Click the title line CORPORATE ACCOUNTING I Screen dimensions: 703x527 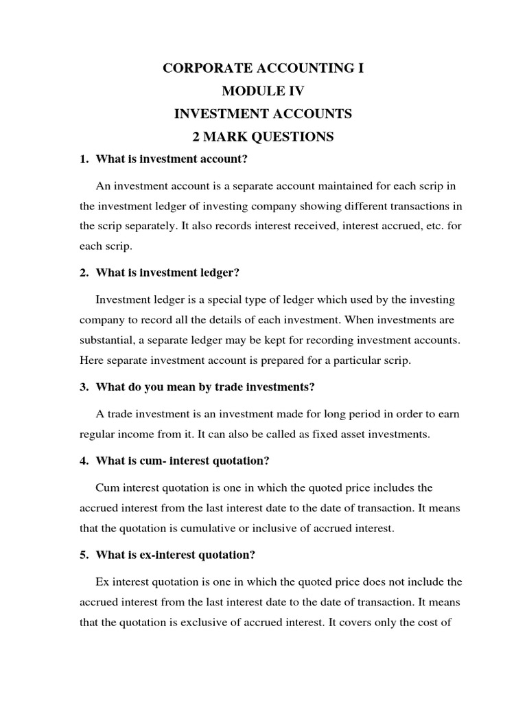tap(263, 69)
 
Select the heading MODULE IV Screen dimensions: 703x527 tap(263, 91)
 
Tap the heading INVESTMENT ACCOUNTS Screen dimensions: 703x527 tap(263, 114)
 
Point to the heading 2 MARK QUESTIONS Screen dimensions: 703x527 tap(263, 137)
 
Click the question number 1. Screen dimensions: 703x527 tap(84, 159)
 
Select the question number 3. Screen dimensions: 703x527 tap(84, 387)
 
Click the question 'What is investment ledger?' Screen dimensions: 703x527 tap(167, 273)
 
